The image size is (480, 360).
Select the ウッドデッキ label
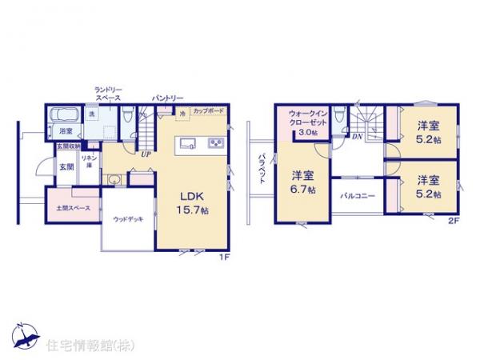[127, 218]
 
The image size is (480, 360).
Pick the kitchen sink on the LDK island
[187, 144]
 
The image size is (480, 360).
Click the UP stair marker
[145, 154]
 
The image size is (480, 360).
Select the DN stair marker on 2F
[357, 137]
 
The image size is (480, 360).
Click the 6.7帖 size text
[303, 190]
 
